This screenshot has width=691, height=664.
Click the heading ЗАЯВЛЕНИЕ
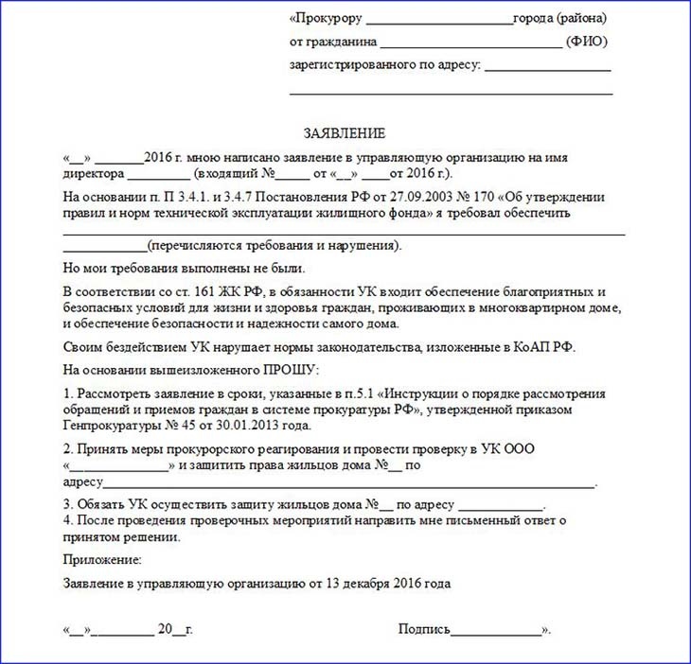click(345, 133)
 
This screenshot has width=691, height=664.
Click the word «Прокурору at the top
click(326, 18)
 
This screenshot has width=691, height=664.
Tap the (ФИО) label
click(586, 42)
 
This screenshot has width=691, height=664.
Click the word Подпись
click(424, 629)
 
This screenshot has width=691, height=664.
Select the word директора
click(93, 175)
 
